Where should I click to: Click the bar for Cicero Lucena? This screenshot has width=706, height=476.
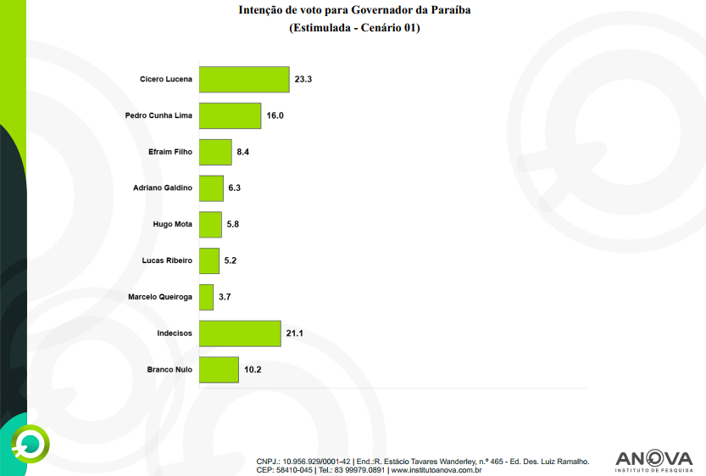(x=244, y=79)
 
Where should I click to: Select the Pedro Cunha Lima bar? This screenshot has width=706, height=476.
(x=230, y=115)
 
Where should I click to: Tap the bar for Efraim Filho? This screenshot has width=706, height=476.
(x=215, y=152)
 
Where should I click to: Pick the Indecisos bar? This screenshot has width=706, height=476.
(x=240, y=333)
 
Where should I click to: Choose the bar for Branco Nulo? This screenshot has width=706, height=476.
(x=219, y=370)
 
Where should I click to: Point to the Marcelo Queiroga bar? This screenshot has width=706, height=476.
(x=206, y=297)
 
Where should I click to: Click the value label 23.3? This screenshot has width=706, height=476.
(x=304, y=79)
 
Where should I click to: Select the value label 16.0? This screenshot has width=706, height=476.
(x=275, y=115)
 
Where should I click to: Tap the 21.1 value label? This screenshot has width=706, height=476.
(x=294, y=333)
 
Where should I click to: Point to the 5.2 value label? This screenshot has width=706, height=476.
(x=231, y=260)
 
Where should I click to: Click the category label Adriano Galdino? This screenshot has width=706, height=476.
(x=163, y=188)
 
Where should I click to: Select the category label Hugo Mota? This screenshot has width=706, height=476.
(x=172, y=225)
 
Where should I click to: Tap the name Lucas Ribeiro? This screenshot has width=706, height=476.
(x=167, y=260)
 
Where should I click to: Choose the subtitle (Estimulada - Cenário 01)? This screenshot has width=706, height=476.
(x=355, y=28)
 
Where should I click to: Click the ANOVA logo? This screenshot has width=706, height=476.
(x=653, y=459)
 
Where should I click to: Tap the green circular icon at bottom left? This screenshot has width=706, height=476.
(x=31, y=442)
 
